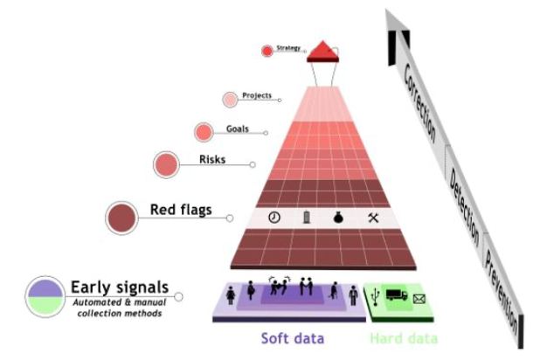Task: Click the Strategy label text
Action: point(288,48)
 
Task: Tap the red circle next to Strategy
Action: point(267,51)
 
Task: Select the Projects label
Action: point(257,95)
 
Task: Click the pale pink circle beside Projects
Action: point(230,100)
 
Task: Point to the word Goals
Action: point(238,129)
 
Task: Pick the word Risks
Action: point(212,159)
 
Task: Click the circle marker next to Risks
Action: point(166,164)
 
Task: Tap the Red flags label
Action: point(181,210)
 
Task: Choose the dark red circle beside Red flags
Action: point(121,218)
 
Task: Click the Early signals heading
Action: point(120,287)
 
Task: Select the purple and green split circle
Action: point(45,296)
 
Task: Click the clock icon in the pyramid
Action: point(274,218)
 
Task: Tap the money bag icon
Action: point(338,218)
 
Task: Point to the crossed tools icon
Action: point(373,218)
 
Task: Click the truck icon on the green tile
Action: point(397,294)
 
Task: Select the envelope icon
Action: point(419,299)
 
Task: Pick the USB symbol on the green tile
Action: point(376,296)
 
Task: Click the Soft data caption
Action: point(293,338)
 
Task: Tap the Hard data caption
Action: point(404,338)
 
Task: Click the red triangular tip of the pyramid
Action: point(322,52)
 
